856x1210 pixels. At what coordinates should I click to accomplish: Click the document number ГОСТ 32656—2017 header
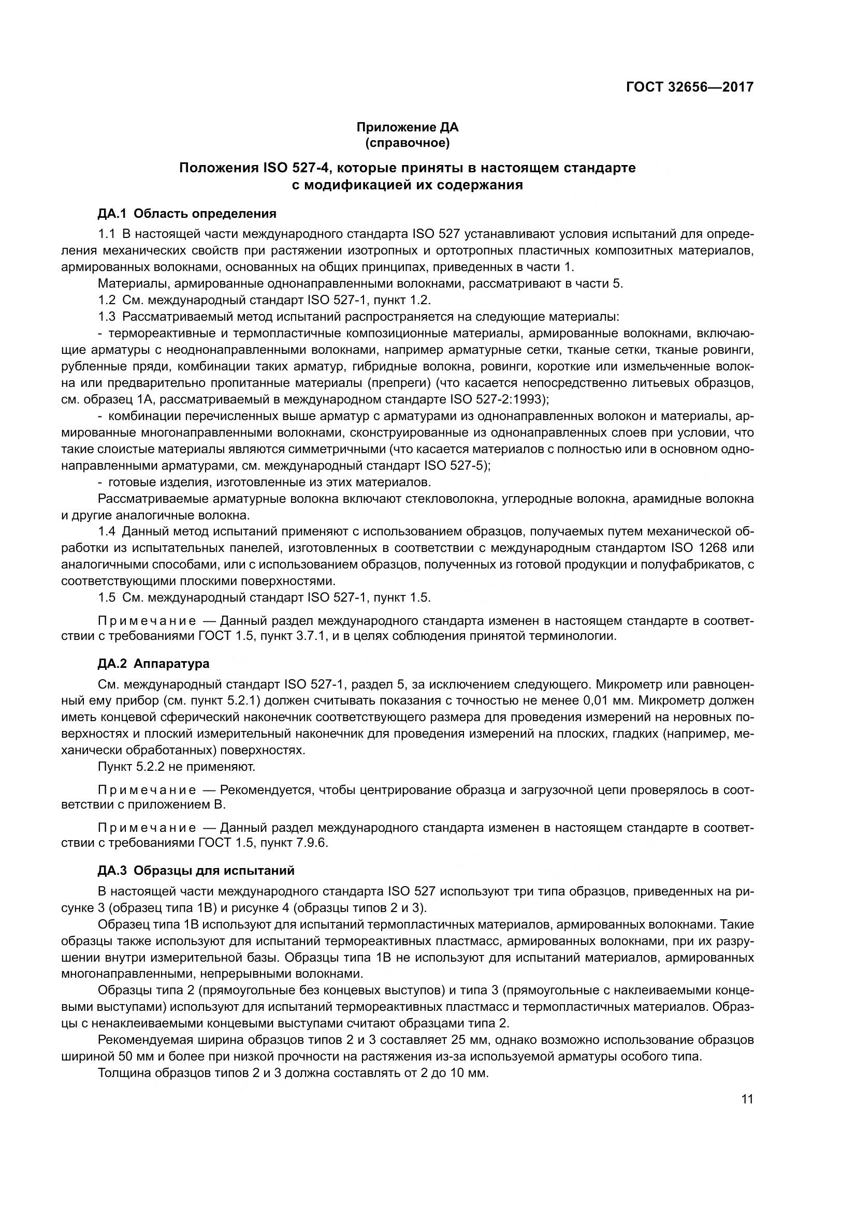(689, 87)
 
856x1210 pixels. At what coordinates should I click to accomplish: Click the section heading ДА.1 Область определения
(187, 214)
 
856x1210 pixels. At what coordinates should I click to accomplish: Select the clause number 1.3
(107, 317)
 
